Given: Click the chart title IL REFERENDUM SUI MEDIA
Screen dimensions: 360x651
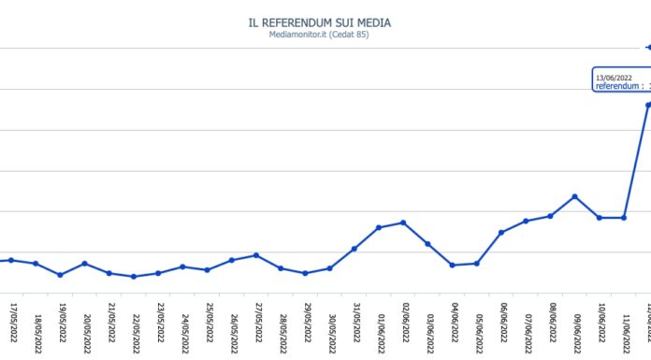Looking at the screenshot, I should click(326, 22).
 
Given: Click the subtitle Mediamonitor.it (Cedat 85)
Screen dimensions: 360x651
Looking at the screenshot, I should click(326, 36).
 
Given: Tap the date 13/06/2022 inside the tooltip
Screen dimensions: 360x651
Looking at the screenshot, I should click(615, 78).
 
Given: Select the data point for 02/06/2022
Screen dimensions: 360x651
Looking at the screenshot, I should click(403, 223).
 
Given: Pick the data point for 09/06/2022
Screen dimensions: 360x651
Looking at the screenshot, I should click(574, 196).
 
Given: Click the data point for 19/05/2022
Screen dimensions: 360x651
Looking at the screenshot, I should click(61, 275).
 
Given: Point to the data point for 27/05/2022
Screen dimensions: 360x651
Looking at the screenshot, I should click(256, 255).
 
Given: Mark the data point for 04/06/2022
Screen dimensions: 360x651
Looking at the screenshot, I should click(453, 266).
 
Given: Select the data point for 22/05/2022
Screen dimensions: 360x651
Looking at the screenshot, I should click(134, 277).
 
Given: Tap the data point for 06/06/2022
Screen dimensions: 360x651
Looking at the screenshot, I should click(501, 232).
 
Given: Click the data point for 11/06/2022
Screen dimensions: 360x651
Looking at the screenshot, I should click(624, 218).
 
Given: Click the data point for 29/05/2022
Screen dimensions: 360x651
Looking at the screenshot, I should click(306, 273).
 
